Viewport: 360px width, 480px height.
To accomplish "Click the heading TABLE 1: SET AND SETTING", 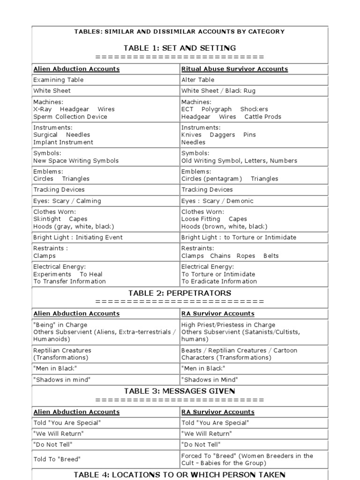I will tap(180, 48).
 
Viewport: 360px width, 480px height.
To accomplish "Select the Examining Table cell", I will tap(58, 80).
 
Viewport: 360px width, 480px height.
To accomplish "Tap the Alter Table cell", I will tap(198, 80).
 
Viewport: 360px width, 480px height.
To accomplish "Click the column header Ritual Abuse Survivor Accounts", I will tap(234, 69).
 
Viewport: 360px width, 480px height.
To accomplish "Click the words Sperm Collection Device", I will tap(70, 117).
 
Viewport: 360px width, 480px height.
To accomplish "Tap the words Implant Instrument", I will tap(63, 142).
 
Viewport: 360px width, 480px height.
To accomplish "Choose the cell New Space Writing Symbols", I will tap(76, 160).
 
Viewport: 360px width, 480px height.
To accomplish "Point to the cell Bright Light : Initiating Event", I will tap(78, 237).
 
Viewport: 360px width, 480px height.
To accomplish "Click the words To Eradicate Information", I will tap(219, 281).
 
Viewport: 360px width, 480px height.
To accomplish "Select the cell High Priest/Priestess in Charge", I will tap(228, 325).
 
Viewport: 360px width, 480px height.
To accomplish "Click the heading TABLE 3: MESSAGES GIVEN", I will tap(180, 391).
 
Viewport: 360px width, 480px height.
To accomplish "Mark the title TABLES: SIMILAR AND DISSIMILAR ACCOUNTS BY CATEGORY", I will tap(180, 31).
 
